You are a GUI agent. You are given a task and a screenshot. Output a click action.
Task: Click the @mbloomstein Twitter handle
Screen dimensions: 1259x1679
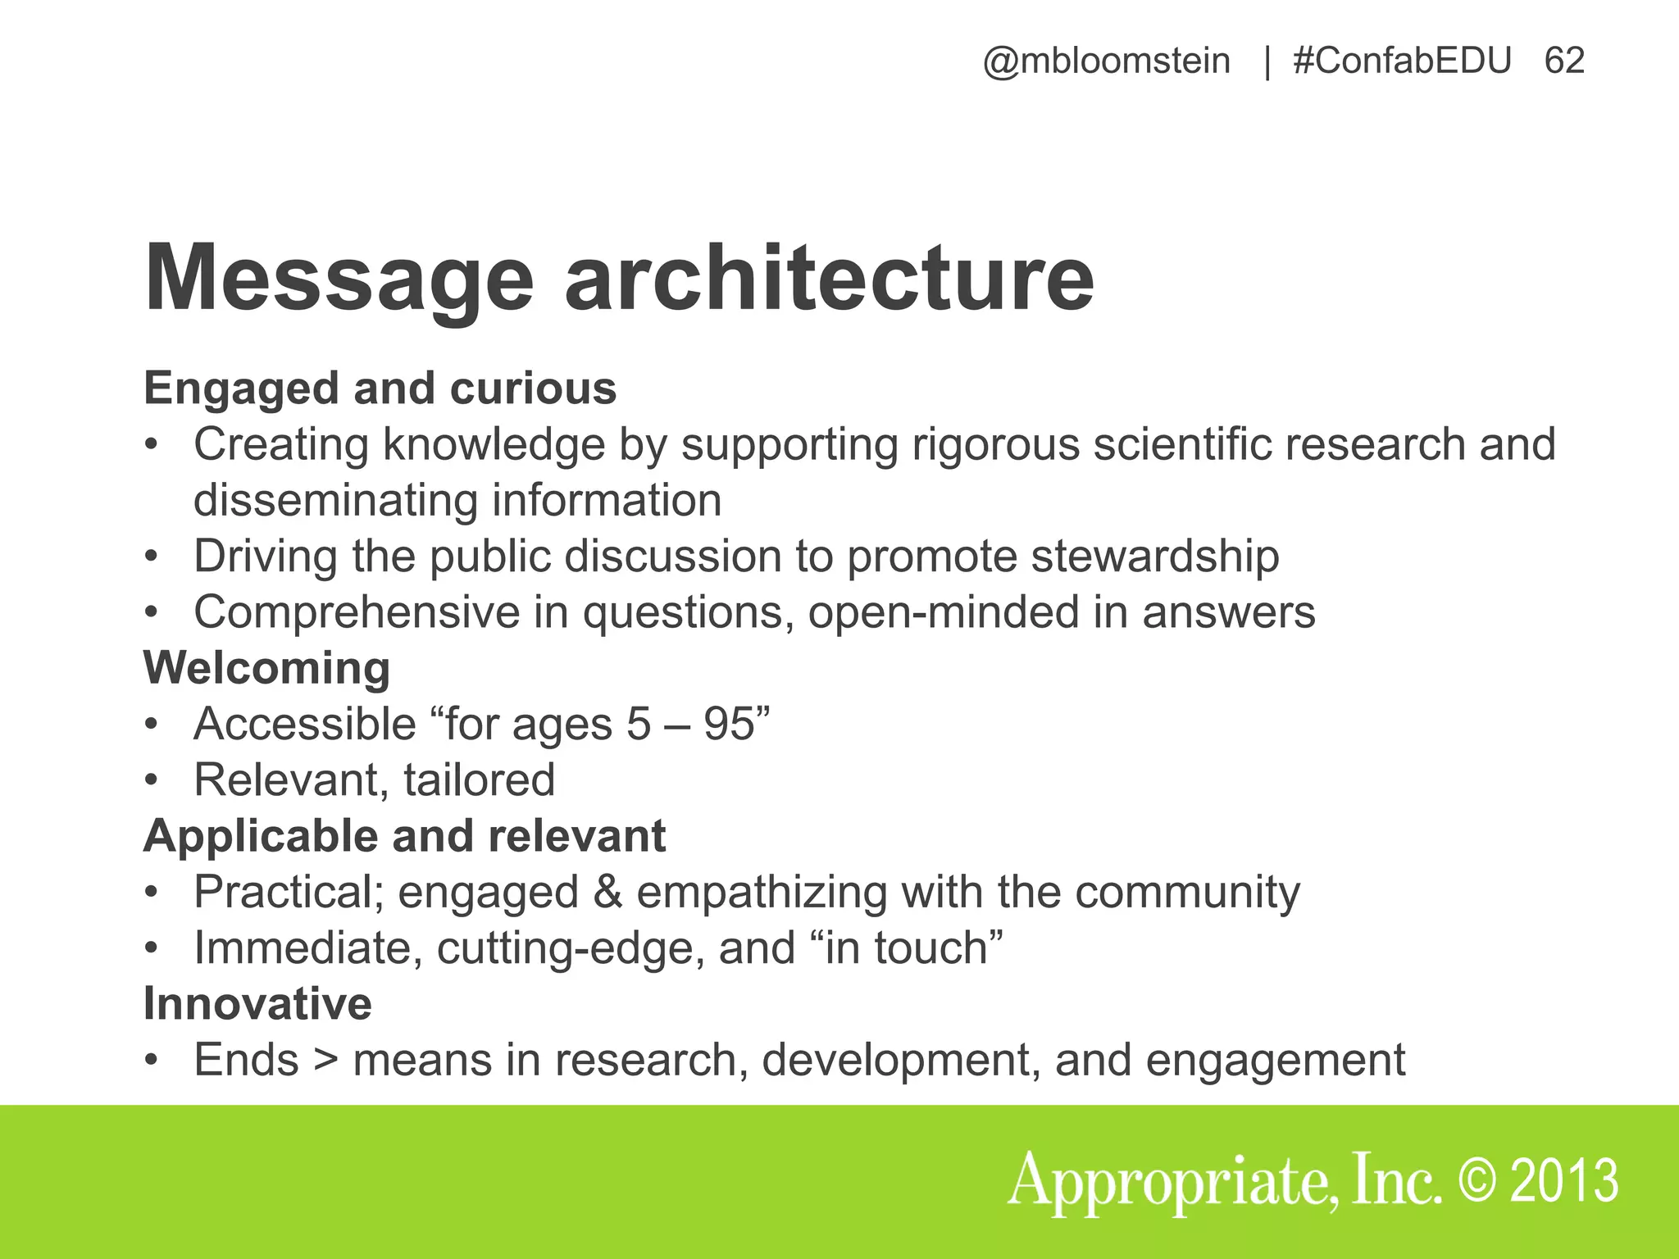[x=1106, y=61]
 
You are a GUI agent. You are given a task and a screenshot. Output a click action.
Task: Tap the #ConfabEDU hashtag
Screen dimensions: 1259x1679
[x=1402, y=61]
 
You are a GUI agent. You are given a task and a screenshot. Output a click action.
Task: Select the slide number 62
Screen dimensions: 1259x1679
[x=1564, y=61]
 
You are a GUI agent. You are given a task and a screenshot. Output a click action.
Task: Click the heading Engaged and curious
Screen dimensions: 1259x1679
[x=380, y=388]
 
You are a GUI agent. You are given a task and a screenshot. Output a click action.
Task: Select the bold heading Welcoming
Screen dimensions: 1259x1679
[x=266, y=667]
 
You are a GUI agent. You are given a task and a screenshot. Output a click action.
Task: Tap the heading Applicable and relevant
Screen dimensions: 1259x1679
[x=404, y=836]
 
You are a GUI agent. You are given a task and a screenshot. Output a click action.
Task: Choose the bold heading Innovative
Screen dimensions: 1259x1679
[x=257, y=1003]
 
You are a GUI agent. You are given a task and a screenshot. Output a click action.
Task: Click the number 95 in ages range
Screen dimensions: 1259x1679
[x=729, y=724]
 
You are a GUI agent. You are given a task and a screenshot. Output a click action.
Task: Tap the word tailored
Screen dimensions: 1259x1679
[x=479, y=779]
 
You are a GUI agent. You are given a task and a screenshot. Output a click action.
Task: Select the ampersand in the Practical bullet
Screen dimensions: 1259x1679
[x=607, y=892]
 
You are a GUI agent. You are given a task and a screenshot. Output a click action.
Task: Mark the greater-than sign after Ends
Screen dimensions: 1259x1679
[x=325, y=1060]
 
